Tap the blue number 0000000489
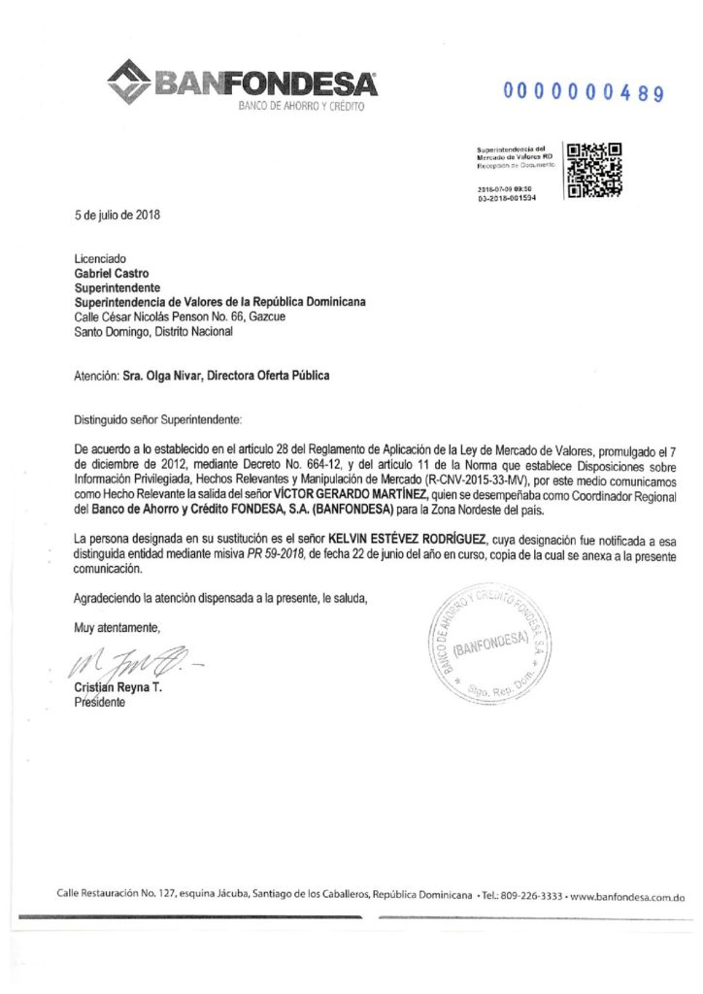[x=583, y=94]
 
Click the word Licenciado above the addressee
[x=100, y=261]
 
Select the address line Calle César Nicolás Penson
[x=177, y=316]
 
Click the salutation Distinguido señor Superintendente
[x=155, y=423]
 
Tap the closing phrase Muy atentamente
[x=116, y=627]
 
